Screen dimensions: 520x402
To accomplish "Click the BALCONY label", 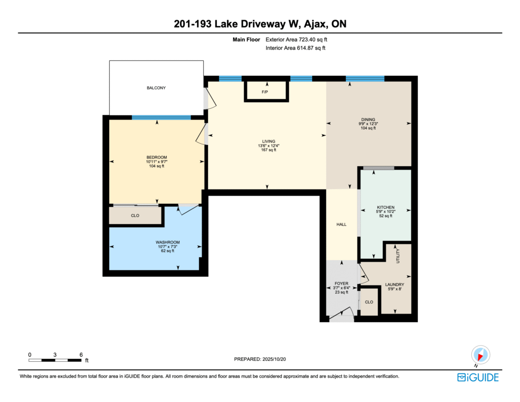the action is coord(156,88).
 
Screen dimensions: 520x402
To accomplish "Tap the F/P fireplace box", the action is coord(266,90).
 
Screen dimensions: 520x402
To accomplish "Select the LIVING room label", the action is coord(269,141).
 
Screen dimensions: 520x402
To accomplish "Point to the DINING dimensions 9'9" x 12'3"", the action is coord(368,124).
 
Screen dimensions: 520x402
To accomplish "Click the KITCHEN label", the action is coord(386,207).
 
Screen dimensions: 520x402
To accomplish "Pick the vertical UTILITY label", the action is coord(398,256).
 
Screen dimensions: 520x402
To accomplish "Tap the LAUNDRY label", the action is coord(395,285).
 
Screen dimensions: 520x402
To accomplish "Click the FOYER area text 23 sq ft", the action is coord(342,292).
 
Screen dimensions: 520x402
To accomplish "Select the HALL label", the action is coord(342,225).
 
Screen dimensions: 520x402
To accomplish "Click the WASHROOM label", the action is coord(168,242).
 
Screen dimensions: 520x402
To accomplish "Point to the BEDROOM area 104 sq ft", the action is coord(156,166).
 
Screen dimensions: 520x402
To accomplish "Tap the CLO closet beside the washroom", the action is coord(135,215).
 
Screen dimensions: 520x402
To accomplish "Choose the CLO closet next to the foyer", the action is coord(369,302).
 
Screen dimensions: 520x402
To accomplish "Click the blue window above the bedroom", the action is coord(161,117).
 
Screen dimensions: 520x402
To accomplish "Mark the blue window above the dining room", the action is coord(365,79).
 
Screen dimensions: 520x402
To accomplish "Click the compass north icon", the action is coord(480,355).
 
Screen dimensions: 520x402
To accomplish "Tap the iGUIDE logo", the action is coord(478,378).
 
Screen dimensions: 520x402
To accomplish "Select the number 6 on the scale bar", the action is coord(81,355).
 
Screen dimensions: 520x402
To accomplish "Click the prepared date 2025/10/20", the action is coord(274,359).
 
